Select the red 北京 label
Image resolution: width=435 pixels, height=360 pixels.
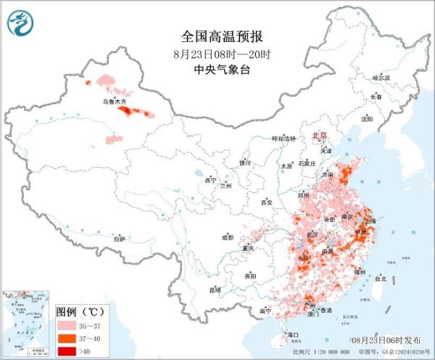pos(319,136)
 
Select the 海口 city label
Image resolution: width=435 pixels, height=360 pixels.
pos(294,335)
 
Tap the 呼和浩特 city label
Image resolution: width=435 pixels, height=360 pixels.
pos(284,138)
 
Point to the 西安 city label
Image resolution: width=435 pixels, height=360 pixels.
pos(265,202)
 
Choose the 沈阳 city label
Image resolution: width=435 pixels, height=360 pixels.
pos(368,118)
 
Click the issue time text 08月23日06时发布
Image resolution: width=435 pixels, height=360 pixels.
pos(385,340)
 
